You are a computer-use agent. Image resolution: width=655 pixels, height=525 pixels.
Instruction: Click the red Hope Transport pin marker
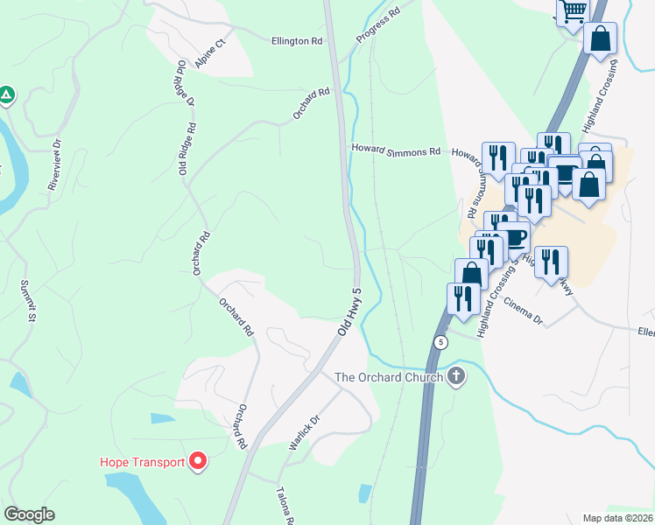point(198,461)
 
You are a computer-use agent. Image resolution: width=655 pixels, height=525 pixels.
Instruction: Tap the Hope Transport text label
point(142,462)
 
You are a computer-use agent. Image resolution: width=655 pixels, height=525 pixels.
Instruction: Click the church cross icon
point(455,377)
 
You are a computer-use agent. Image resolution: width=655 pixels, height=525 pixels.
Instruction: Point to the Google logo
point(29,514)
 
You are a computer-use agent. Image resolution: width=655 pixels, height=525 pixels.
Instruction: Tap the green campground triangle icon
point(6,94)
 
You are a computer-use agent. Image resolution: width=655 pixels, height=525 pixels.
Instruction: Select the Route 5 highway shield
point(440,341)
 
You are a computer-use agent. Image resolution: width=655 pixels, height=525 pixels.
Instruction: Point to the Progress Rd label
point(377,26)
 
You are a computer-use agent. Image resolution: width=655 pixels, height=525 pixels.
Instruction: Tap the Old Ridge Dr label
point(185,83)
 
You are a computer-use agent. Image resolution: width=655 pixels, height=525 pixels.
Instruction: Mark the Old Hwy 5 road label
point(349,312)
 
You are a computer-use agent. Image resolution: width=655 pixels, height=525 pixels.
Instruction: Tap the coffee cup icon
point(514,236)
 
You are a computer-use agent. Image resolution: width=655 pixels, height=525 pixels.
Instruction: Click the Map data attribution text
point(618,518)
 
